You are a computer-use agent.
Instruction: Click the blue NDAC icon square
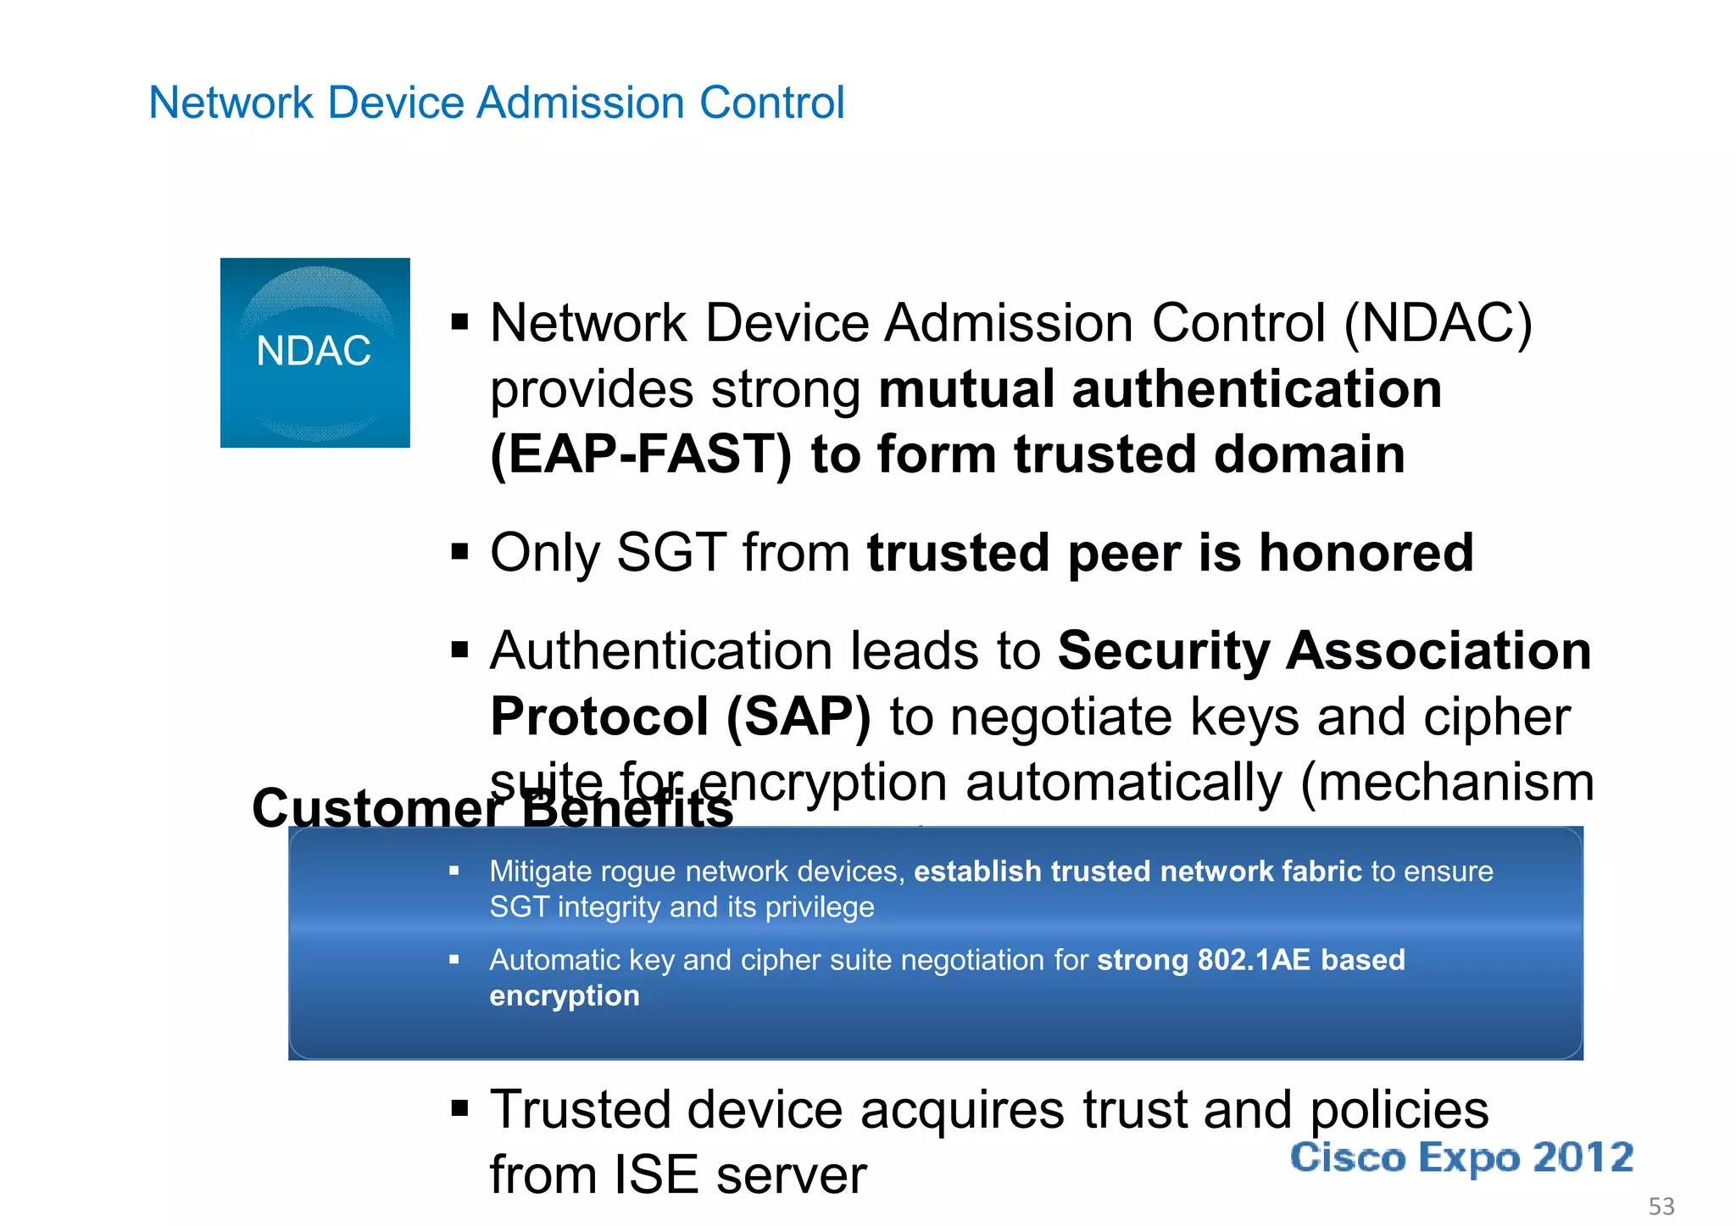(314, 352)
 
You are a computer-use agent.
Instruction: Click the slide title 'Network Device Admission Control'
(496, 103)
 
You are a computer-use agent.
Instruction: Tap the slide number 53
(1661, 1206)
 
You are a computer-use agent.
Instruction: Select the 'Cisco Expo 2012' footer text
(1461, 1158)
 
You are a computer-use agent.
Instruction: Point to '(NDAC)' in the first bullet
(1438, 323)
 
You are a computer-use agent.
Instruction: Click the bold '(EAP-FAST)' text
(641, 455)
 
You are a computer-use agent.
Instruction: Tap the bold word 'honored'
(1366, 553)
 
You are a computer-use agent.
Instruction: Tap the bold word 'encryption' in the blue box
(565, 996)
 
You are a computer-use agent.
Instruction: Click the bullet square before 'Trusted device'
(460, 1108)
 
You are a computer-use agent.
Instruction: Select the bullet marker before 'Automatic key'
(454, 960)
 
